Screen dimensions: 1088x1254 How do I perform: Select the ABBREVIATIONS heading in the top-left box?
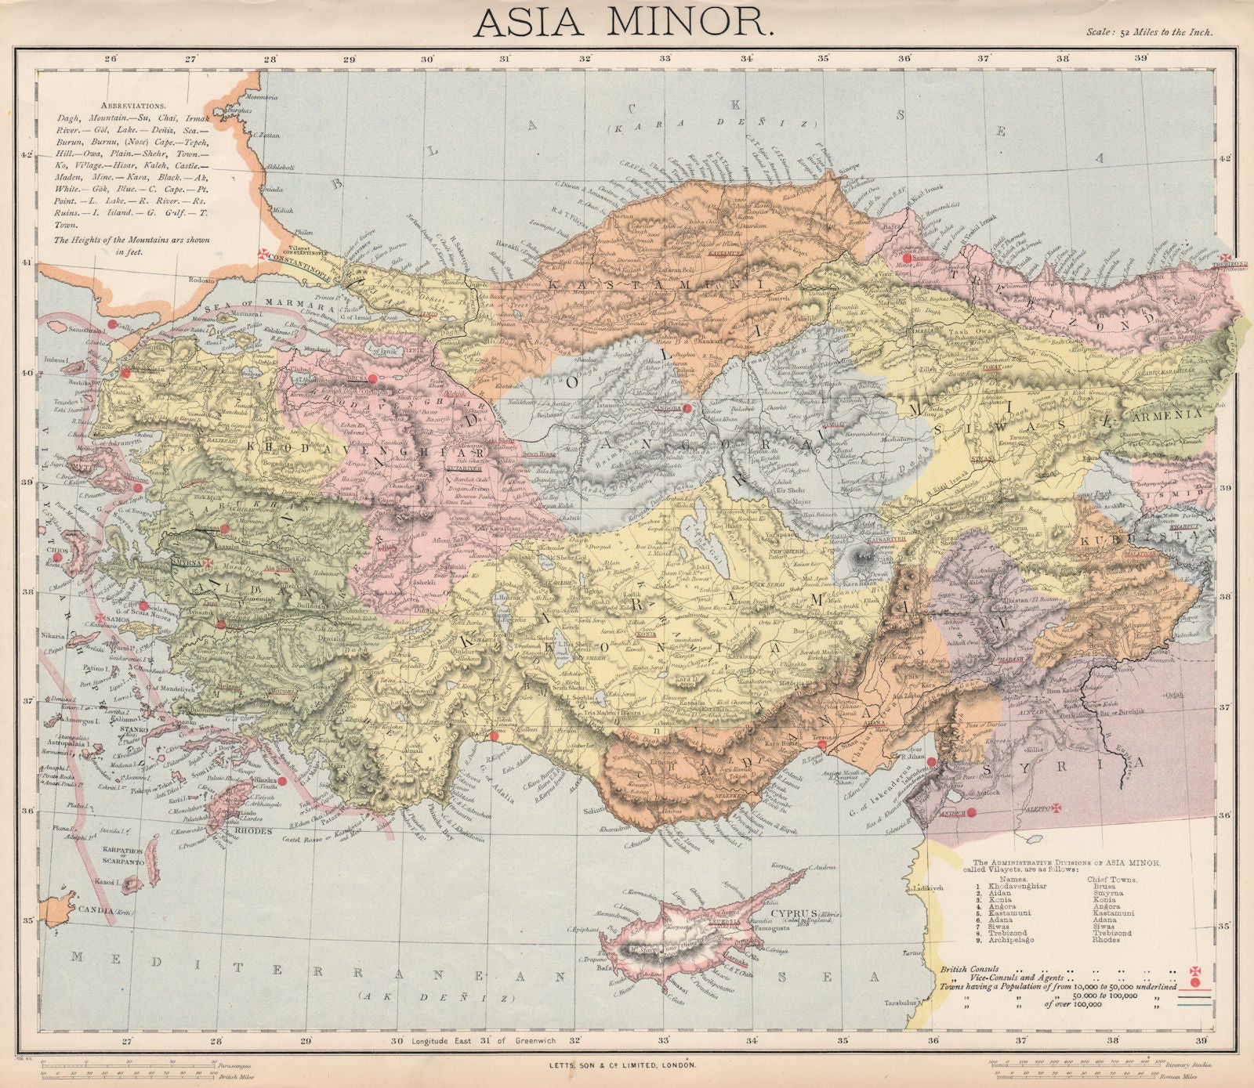click(132, 104)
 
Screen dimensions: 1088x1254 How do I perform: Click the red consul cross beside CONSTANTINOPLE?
click(264, 252)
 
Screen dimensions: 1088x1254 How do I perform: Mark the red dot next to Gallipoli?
click(114, 324)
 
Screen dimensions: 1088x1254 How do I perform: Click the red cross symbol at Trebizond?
click(1225, 258)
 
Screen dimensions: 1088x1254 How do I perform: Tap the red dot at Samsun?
click(907, 257)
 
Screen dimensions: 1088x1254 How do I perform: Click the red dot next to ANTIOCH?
click(971, 812)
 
